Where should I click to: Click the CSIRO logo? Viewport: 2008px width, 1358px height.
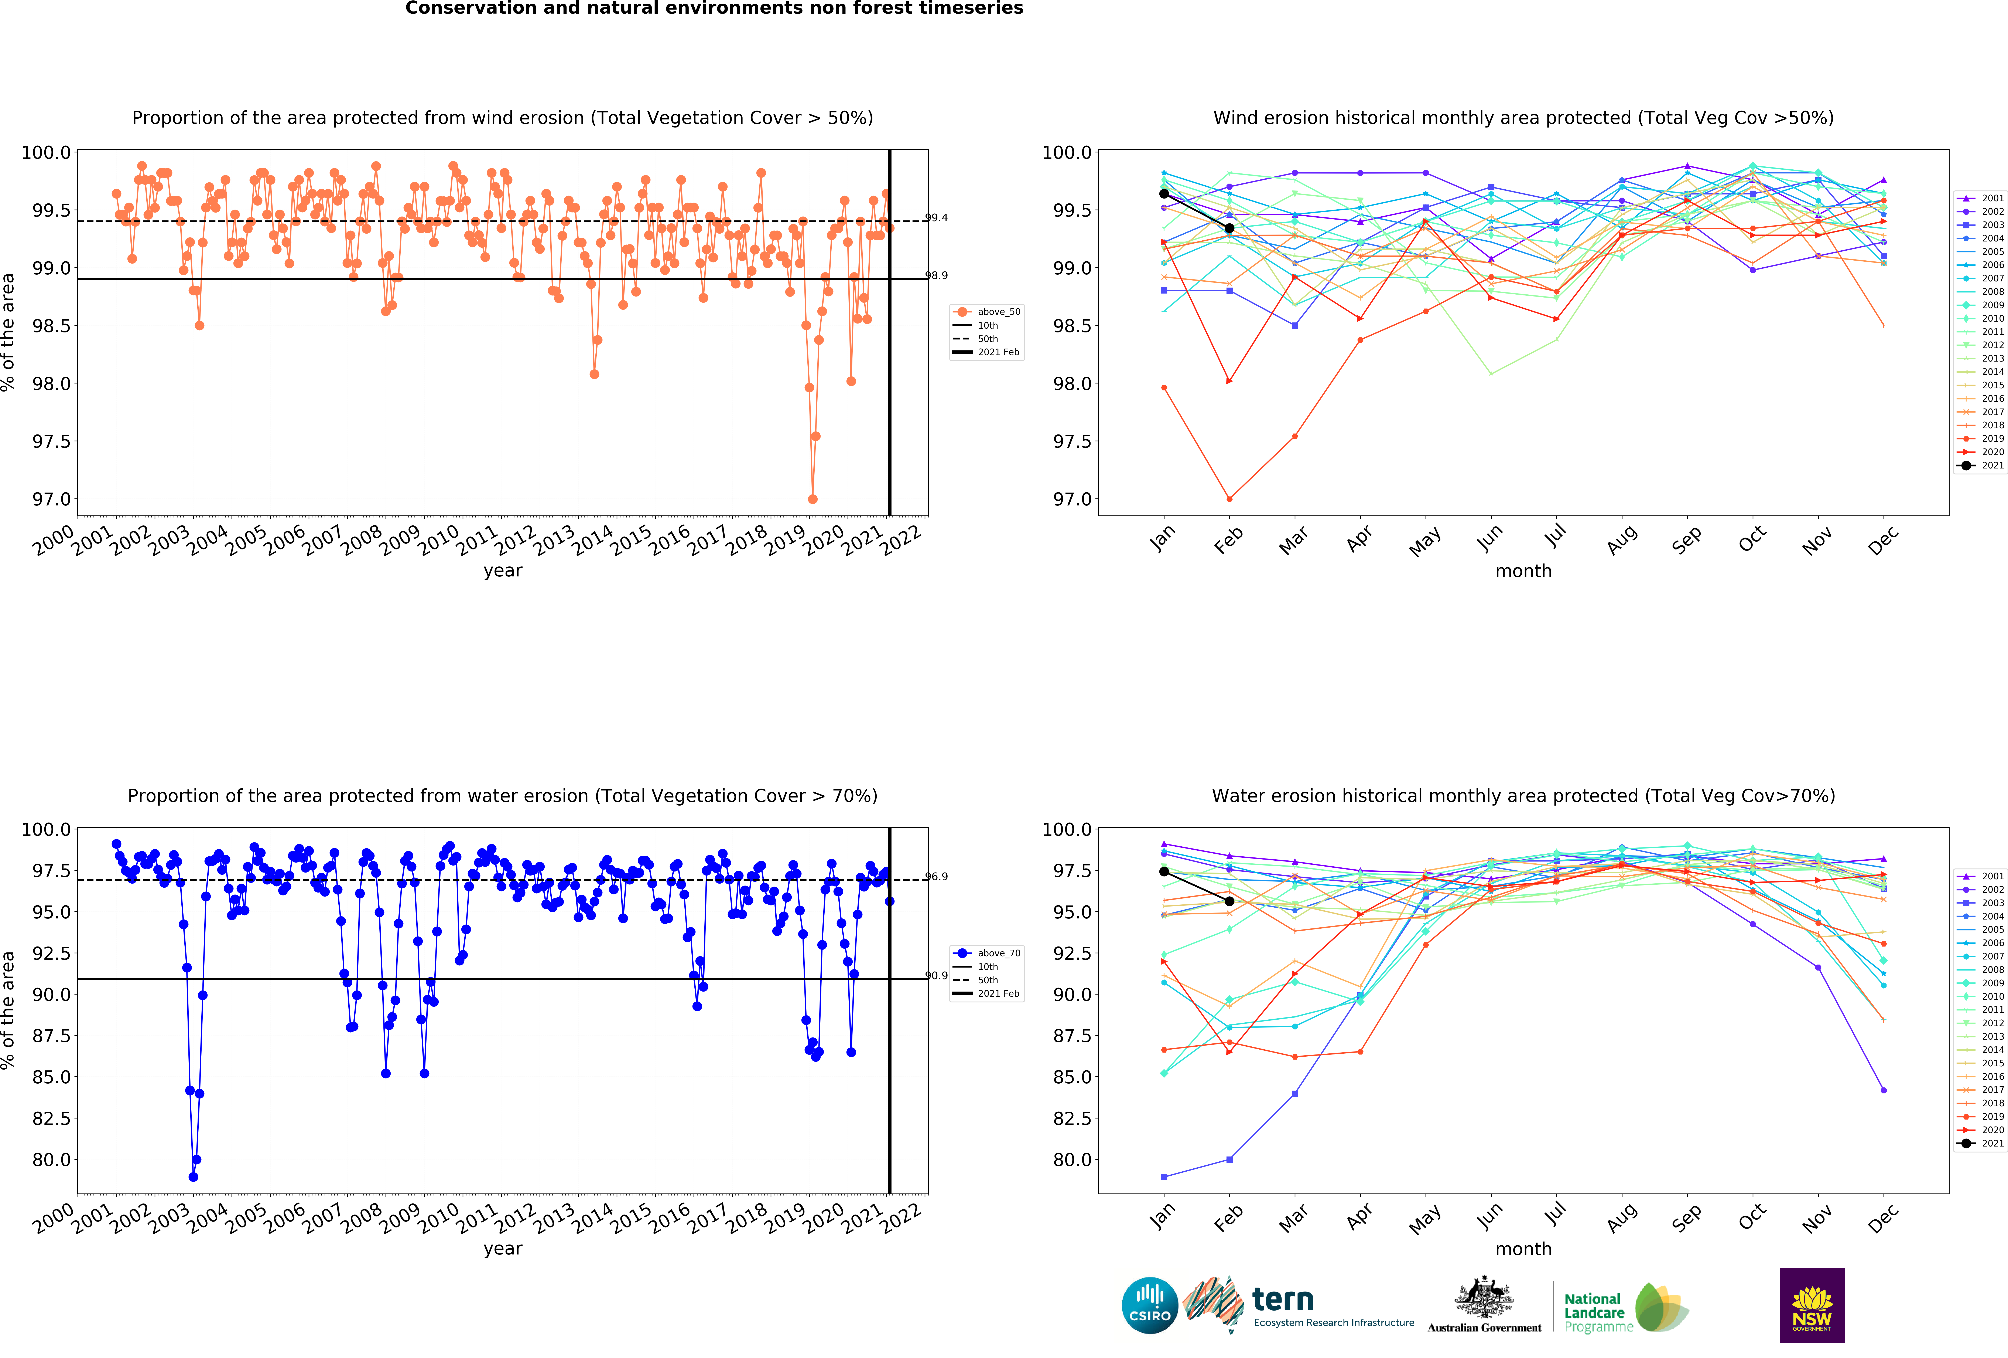click(1150, 1305)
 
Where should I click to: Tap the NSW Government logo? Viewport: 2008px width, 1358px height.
click(1812, 1305)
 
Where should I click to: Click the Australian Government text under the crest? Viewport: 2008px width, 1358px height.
click(1484, 1328)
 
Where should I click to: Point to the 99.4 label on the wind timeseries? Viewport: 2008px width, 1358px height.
click(937, 218)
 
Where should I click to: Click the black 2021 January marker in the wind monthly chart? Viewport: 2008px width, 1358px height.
click(1164, 194)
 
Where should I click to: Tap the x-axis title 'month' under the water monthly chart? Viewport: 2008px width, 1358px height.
click(1523, 1249)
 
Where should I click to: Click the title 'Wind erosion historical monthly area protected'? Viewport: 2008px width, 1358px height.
click(1523, 118)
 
